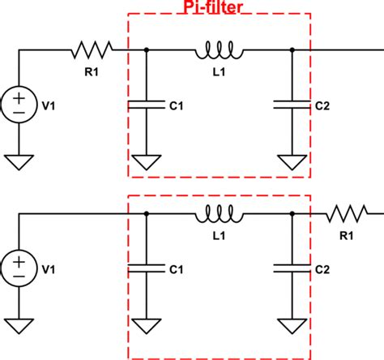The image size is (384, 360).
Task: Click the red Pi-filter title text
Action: click(217, 6)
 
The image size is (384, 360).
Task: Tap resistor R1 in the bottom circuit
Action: click(346, 215)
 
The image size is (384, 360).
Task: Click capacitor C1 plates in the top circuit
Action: click(146, 104)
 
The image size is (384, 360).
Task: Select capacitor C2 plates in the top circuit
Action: click(292, 104)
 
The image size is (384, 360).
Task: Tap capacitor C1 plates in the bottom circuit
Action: click(146, 267)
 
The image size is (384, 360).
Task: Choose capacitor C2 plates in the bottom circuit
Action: click(292, 267)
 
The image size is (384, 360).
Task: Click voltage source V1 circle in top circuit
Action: click(19, 104)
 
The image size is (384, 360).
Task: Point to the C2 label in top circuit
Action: click(322, 105)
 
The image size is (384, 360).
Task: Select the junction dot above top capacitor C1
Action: click(146, 50)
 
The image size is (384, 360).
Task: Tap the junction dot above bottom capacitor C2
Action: click(292, 215)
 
